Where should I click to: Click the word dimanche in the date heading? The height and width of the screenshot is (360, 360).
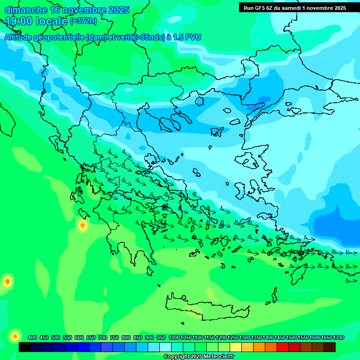pyautogui.click(x=26, y=10)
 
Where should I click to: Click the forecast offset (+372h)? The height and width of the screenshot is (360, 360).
pyautogui.click(x=83, y=21)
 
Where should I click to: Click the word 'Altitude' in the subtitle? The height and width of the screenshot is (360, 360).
pyautogui.click(x=21, y=37)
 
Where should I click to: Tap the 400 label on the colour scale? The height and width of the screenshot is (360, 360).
pyautogui.click(x=32, y=337)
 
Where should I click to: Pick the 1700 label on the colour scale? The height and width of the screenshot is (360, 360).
pyautogui.click(x=338, y=337)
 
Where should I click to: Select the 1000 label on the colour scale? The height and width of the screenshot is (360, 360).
pyautogui.click(x=174, y=337)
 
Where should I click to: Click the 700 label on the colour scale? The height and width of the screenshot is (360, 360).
pyautogui.click(x=103, y=337)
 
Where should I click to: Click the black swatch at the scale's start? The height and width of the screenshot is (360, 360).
pyautogui.click(x=25, y=347)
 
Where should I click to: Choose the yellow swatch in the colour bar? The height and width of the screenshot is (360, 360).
pyautogui.click(x=236, y=347)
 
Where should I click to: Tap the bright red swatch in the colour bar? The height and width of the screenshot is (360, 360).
pyautogui.click(x=283, y=347)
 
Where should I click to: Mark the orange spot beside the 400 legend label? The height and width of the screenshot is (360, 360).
pyautogui.click(x=15, y=336)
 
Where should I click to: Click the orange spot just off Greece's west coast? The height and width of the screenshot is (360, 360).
pyautogui.click(x=82, y=226)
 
